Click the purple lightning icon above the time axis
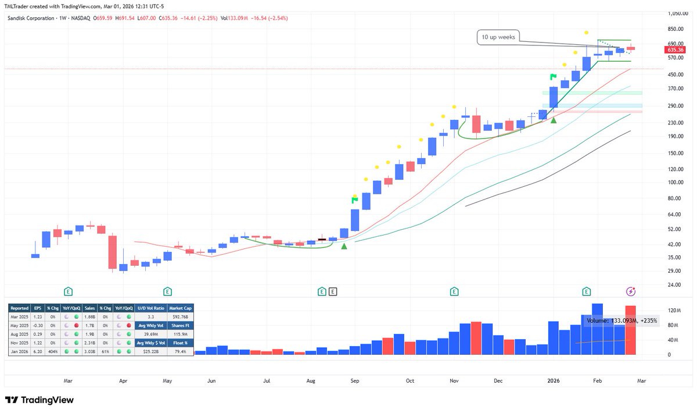coord(630,291)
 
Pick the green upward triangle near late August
coord(344,247)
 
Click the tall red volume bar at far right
coord(631,330)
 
